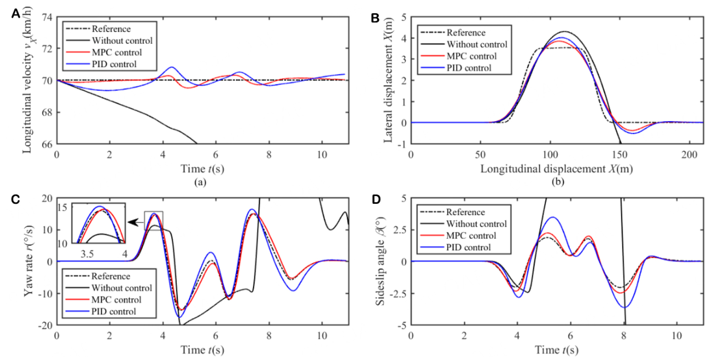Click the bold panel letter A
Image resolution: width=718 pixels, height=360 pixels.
tap(15, 14)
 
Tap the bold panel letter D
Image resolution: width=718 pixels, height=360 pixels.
tap(376, 199)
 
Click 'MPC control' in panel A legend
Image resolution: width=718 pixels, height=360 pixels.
tap(117, 52)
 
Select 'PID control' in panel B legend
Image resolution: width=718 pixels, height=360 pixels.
tap(469, 68)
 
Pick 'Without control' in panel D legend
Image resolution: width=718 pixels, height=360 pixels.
tap(476, 224)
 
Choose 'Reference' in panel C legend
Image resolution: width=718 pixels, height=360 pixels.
tap(111, 276)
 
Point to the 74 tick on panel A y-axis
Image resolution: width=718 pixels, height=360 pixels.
tap(47, 17)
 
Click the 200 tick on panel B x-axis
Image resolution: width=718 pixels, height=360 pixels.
tap(689, 155)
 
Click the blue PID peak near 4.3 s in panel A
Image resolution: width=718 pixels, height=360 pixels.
tap(172, 67)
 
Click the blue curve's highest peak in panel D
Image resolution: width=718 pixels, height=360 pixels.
tap(553, 218)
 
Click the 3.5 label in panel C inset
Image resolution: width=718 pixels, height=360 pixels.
tap(87, 254)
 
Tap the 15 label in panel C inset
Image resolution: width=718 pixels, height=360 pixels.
tap(62, 208)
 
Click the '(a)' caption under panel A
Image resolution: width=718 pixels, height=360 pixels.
tap(200, 182)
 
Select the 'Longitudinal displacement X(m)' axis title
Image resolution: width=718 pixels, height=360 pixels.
tap(556, 169)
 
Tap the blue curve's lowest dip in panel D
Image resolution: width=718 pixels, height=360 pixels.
tap(624, 308)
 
